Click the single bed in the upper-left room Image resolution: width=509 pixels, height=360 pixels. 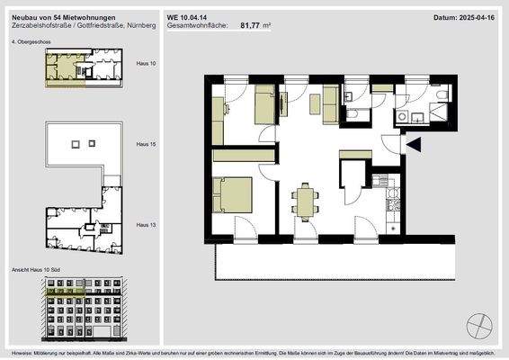(x=263, y=105)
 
